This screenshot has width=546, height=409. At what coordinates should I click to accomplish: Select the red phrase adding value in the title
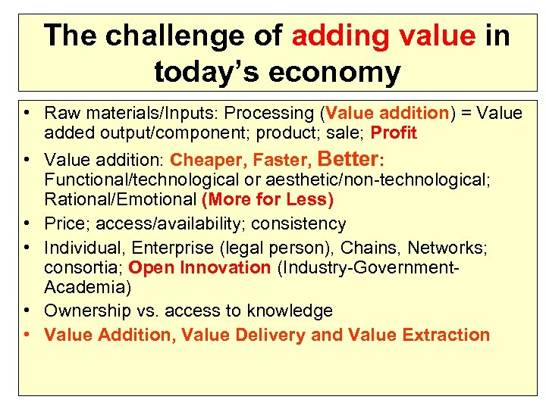point(381,36)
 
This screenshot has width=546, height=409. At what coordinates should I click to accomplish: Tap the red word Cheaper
point(209,160)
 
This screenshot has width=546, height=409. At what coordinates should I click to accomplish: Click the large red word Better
point(350,158)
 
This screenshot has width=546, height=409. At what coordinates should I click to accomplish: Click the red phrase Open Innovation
point(199,267)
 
